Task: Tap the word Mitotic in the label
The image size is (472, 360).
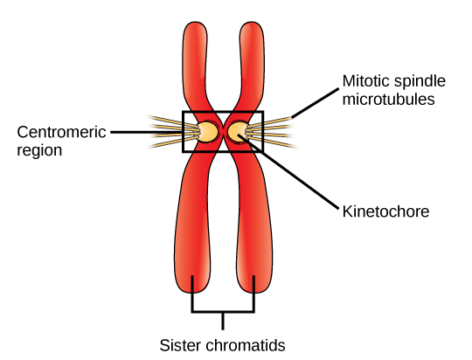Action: click(360, 82)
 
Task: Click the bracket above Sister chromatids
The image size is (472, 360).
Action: click(223, 311)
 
